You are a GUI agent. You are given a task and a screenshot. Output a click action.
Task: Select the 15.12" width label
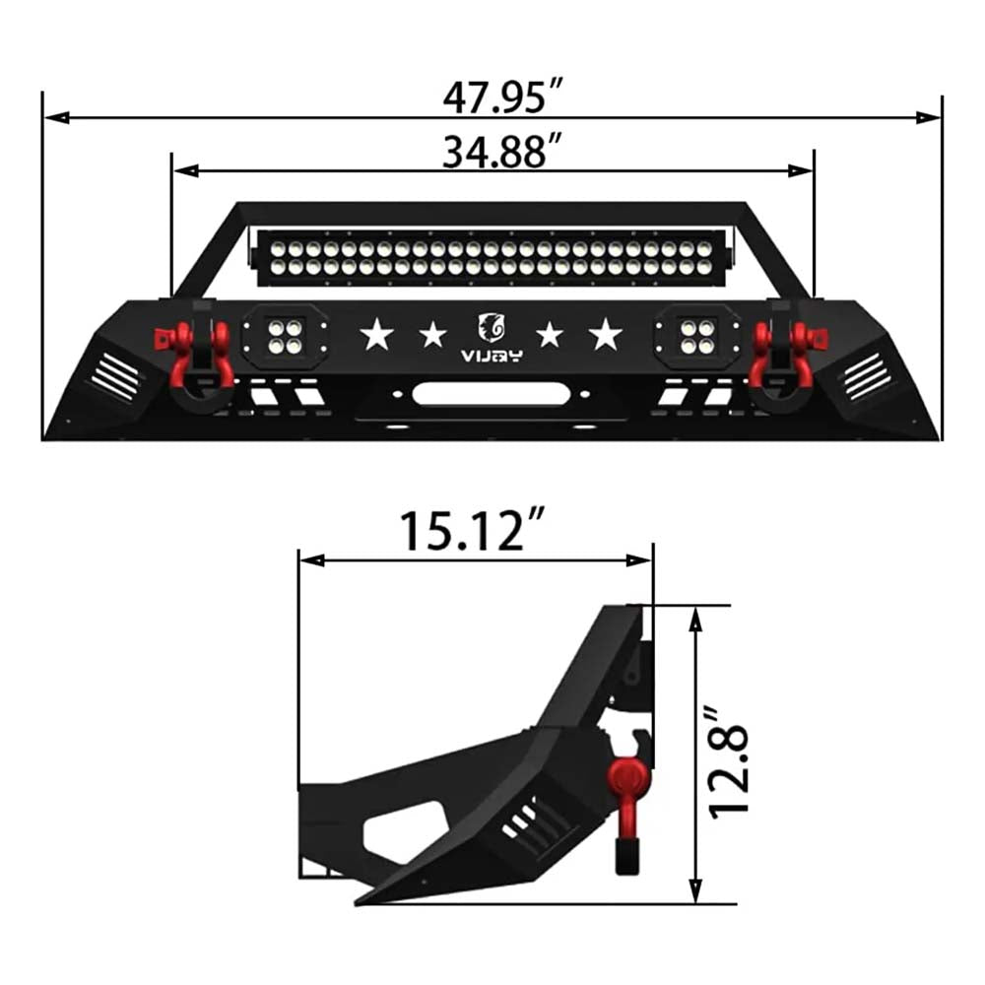473,533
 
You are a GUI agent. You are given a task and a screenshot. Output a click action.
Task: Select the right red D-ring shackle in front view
784,351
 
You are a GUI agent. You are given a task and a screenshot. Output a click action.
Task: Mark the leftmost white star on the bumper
375,335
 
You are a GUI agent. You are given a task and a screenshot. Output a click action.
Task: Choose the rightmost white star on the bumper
605,335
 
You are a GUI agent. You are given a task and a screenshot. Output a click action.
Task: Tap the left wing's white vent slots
116,376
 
